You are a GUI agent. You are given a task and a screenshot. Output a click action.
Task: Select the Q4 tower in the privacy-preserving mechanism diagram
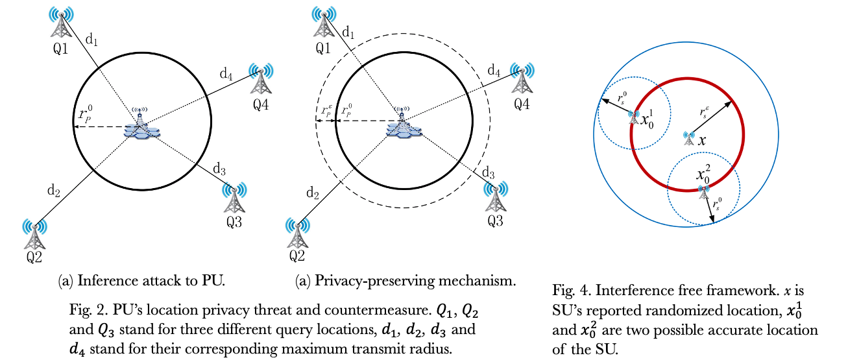pyautogui.click(x=522, y=80)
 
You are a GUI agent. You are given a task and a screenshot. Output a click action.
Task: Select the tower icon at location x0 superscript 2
pyautogui.click(x=703, y=189)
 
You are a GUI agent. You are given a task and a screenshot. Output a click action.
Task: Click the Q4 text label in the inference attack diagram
pyautogui.click(x=261, y=102)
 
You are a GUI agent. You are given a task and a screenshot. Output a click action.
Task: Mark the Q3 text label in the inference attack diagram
pyautogui.click(x=234, y=221)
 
